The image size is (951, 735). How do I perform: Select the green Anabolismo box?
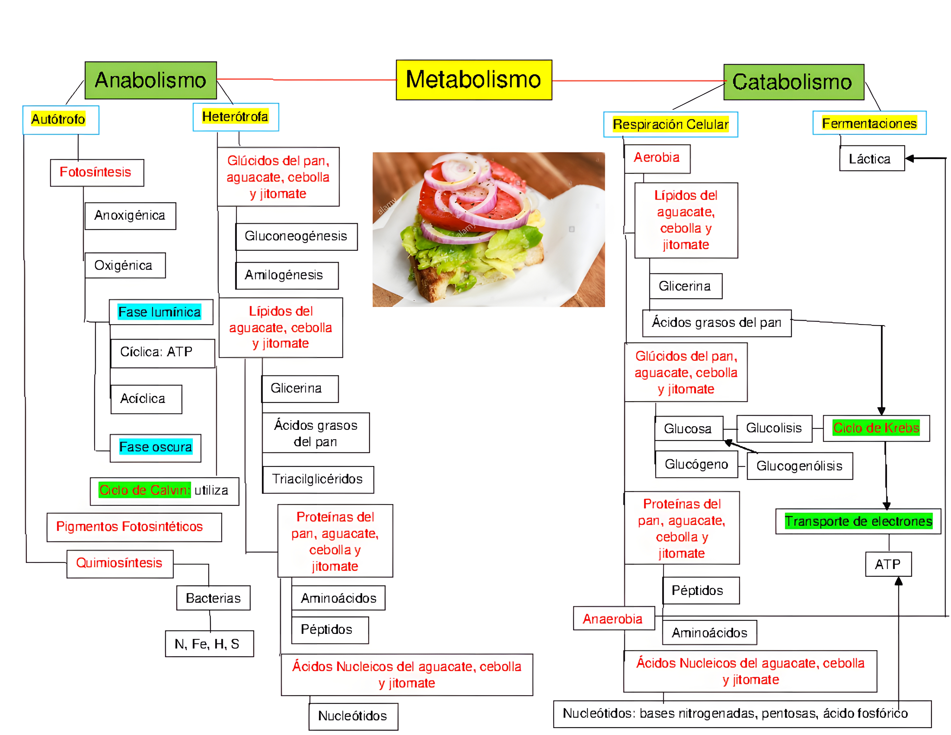[x=151, y=80]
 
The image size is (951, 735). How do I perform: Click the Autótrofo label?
[x=58, y=119]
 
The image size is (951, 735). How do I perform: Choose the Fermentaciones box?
[x=869, y=123]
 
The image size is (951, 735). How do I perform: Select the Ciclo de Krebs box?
[x=876, y=428]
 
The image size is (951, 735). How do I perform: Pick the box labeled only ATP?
[x=888, y=564]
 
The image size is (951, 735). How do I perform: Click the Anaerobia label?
[x=613, y=619]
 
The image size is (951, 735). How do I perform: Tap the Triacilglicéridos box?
[x=317, y=479]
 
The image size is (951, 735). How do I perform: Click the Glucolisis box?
[x=774, y=428]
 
